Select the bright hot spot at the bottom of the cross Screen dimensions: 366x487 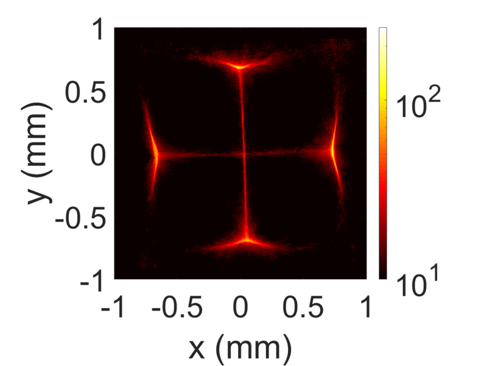coord(247,240)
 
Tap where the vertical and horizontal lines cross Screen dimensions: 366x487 coord(244,155)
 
